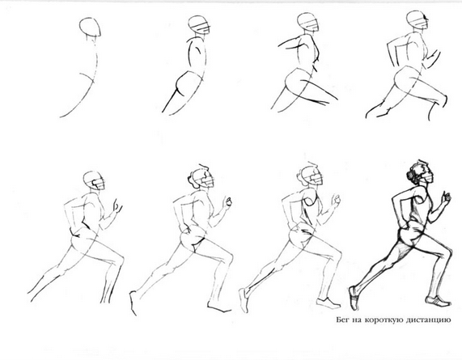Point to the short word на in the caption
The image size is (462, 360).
[x=357, y=320]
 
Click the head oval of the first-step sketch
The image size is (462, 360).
[x=90, y=27]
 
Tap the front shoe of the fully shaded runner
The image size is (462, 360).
[x=439, y=301]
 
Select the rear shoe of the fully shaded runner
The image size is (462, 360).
[x=354, y=298]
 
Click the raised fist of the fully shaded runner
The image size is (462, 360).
[x=446, y=197]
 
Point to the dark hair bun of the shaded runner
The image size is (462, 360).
[x=410, y=175]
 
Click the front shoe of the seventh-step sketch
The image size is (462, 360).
[x=328, y=303]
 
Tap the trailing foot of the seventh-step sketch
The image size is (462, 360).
[x=244, y=300]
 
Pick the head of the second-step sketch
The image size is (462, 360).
[x=200, y=24]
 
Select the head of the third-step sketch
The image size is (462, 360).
[x=308, y=22]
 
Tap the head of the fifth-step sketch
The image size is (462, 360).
[x=94, y=180]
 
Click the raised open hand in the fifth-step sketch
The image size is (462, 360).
[x=117, y=205]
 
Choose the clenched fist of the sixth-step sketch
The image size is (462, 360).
[x=227, y=201]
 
